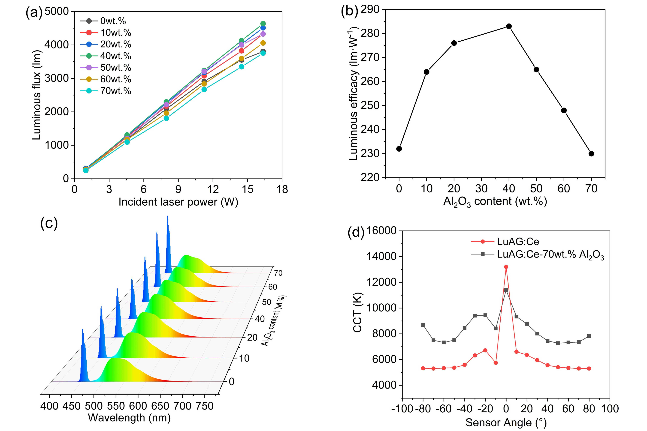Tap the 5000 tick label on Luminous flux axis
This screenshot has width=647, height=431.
[57, 12]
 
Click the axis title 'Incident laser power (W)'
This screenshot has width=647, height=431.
[178, 202]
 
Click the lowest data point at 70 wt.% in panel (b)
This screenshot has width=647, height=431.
[591, 154]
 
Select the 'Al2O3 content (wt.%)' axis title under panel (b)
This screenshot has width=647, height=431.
[495, 201]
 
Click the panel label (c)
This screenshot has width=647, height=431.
[49, 223]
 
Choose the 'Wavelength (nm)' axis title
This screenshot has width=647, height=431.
[129, 418]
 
